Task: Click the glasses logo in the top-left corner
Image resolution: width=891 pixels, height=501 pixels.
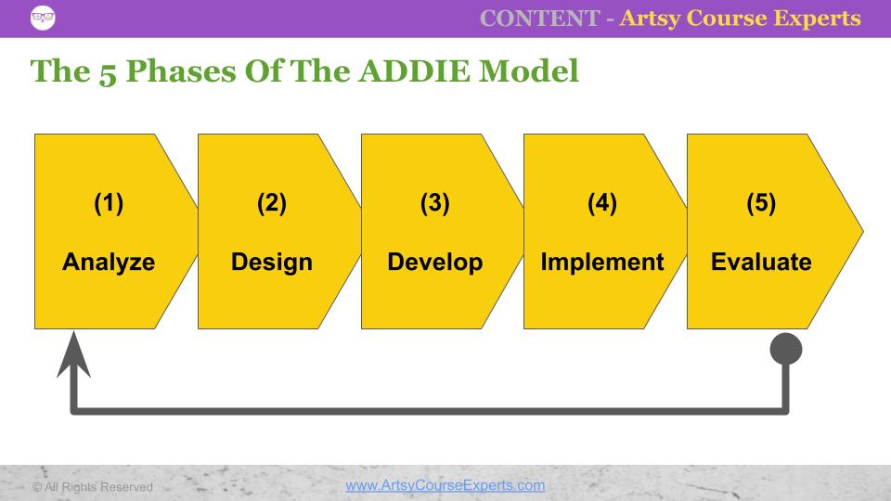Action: [43, 18]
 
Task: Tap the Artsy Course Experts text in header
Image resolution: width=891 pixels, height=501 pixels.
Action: [740, 19]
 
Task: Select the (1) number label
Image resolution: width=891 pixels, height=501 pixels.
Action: [109, 205]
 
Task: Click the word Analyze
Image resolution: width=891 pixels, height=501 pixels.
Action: [109, 263]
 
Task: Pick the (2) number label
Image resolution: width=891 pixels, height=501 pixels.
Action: [272, 205]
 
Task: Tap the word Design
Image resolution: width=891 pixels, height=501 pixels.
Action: [272, 263]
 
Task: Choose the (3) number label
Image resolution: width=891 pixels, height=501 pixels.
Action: [434, 205]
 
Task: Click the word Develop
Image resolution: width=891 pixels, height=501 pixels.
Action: [434, 263]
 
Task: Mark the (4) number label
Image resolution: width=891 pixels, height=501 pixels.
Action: [601, 205]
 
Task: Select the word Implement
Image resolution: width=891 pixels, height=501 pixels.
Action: [601, 263]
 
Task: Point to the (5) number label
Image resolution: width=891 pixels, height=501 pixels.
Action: [761, 205]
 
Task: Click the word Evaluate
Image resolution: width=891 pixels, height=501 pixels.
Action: [761, 263]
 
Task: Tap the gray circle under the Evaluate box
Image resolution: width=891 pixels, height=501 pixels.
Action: [786, 349]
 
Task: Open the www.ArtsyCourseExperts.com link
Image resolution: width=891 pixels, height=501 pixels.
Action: [445, 485]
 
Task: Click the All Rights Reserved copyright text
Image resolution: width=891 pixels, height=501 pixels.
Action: [93, 486]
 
